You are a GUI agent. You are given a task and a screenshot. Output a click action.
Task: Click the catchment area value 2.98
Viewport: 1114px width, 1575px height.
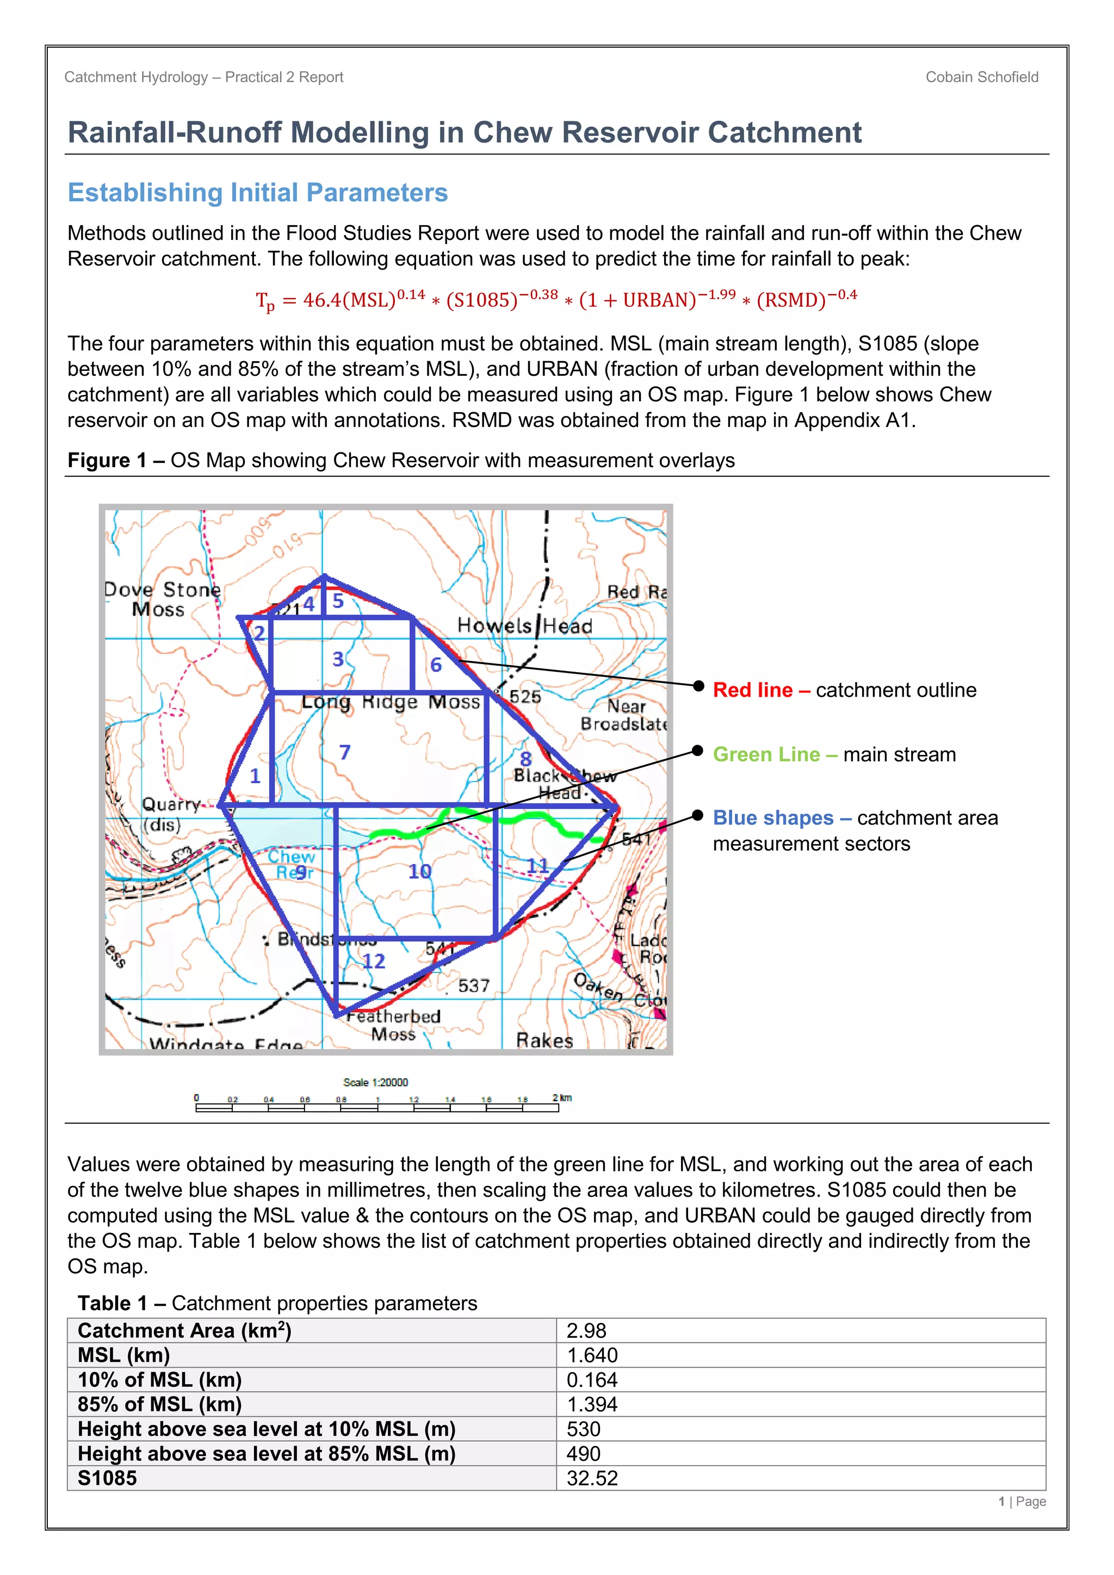coord(586,1331)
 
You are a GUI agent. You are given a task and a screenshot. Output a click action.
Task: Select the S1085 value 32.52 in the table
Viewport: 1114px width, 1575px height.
coord(592,1478)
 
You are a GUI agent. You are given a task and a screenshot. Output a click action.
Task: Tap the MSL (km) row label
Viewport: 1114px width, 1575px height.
coord(123,1355)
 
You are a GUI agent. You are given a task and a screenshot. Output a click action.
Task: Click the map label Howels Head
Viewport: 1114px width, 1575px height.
coord(525,625)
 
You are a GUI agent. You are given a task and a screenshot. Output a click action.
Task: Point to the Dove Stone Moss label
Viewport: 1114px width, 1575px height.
coord(163,599)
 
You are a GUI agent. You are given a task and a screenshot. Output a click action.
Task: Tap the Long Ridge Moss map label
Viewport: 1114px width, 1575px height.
coord(391,702)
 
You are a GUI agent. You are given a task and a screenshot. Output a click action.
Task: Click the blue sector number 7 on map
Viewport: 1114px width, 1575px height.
coord(344,753)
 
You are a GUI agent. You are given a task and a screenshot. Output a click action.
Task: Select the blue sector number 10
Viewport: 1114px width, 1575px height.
coord(420,871)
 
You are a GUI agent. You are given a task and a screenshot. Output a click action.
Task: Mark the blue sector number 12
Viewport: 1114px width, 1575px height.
coord(374,961)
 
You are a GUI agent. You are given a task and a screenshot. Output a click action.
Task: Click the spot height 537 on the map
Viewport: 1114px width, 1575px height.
coord(473,986)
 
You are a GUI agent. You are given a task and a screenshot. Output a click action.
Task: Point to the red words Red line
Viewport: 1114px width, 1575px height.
coord(752,690)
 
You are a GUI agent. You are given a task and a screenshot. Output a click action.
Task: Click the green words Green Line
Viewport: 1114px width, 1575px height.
coord(766,754)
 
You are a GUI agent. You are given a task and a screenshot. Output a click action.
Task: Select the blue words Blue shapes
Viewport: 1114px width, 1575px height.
coord(773,817)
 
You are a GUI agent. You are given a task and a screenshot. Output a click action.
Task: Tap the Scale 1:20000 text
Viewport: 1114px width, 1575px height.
coord(375,1082)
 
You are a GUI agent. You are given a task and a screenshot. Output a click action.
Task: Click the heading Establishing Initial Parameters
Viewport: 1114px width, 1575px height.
coord(257,193)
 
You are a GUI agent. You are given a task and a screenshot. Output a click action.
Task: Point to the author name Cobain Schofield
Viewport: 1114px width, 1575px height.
coord(982,77)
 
